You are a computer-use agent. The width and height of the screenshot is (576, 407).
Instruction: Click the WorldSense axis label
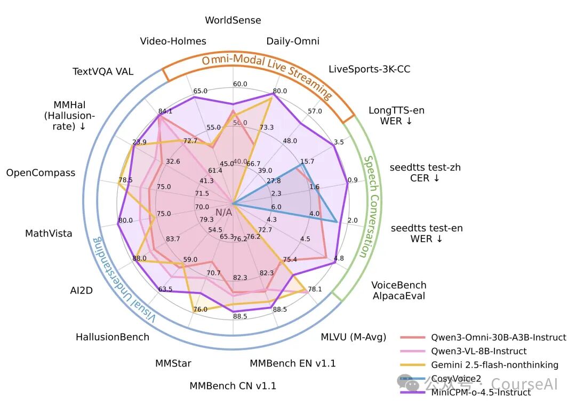click(x=233, y=20)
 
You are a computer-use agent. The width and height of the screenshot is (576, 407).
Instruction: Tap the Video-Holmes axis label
click(x=173, y=41)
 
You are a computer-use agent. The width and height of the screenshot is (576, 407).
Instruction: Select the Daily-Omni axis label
click(x=293, y=41)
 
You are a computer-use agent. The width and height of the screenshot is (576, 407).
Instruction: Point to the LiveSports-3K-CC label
click(x=369, y=69)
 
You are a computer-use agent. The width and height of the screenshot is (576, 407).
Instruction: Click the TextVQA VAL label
click(x=103, y=71)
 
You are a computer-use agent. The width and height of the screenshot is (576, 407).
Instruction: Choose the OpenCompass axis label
click(x=41, y=173)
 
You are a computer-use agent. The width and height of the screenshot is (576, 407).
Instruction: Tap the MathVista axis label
click(x=49, y=233)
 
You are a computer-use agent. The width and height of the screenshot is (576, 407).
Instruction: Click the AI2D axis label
click(x=82, y=290)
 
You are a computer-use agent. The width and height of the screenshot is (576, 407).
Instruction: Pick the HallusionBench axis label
click(x=112, y=337)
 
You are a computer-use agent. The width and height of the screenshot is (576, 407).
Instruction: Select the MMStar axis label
click(x=173, y=363)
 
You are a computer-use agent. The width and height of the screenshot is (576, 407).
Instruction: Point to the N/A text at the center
click(x=224, y=213)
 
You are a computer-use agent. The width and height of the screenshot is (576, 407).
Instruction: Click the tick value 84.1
click(x=165, y=111)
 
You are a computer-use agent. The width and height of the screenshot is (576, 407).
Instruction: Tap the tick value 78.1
click(x=315, y=289)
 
